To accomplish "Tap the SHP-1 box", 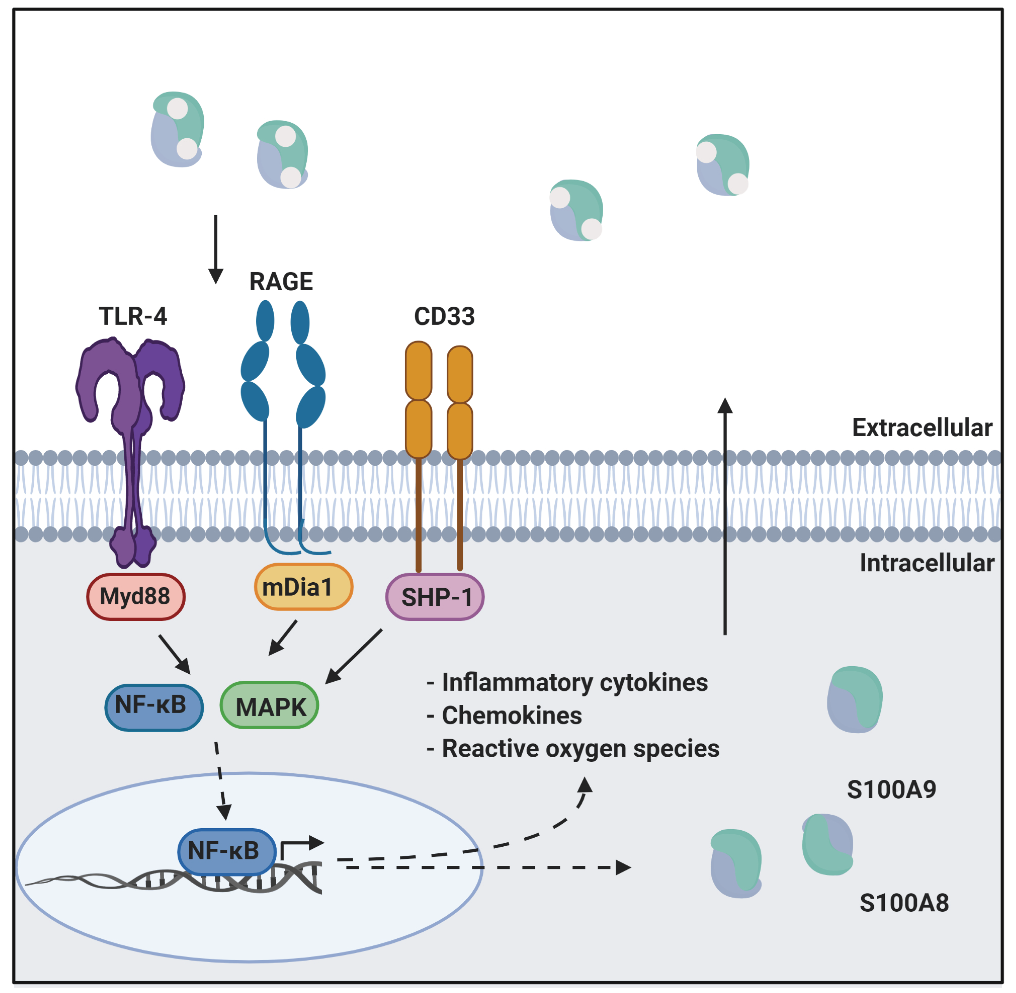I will (435, 597).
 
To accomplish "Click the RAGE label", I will (281, 282).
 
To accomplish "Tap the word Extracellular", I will (922, 428).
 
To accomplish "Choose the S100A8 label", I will (904, 903).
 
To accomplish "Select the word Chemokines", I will (511, 715).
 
